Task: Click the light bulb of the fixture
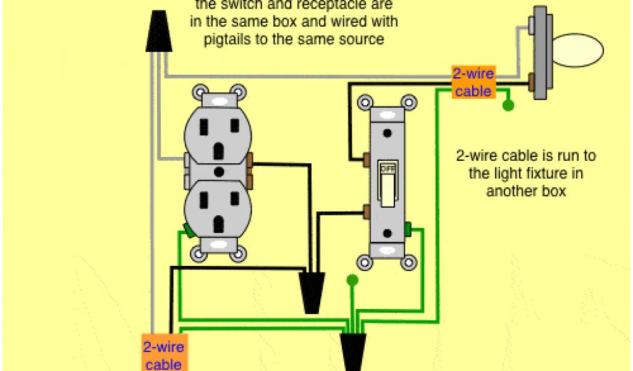[x=577, y=51]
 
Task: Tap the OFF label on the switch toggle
[x=388, y=168]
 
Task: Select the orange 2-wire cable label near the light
[x=473, y=83]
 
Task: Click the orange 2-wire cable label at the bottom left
[x=163, y=354]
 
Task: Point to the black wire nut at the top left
[x=158, y=31]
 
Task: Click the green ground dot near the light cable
[x=508, y=106]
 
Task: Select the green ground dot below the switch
[x=352, y=281]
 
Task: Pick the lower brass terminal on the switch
[x=367, y=212]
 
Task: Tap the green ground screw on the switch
[x=407, y=228]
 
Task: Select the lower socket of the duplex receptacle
[x=218, y=207]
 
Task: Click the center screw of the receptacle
[x=218, y=171]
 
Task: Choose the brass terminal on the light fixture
[x=532, y=80]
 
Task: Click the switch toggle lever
[x=388, y=189]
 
